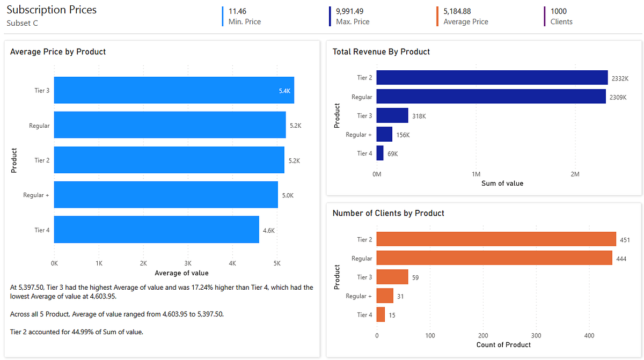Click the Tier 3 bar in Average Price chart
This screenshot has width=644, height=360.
click(174, 90)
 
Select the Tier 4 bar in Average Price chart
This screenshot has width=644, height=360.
click(156, 230)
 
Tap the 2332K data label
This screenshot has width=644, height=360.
click(620, 78)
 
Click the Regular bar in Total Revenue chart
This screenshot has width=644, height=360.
click(491, 97)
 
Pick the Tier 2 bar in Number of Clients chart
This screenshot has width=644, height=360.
click(496, 239)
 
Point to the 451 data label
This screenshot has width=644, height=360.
click(625, 240)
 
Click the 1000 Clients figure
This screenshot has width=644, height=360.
click(559, 11)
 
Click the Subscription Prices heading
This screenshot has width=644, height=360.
click(52, 10)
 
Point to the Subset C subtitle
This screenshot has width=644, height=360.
click(22, 23)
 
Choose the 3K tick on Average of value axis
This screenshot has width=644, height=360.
click(188, 263)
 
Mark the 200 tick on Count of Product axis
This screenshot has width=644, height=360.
click(483, 335)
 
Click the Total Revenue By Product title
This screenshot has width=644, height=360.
click(381, 52)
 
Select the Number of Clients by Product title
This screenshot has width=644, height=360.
click(388, 213)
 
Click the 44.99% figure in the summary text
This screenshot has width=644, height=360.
click(72, 332)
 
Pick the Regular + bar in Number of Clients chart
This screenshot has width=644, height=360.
click(385, 296)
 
